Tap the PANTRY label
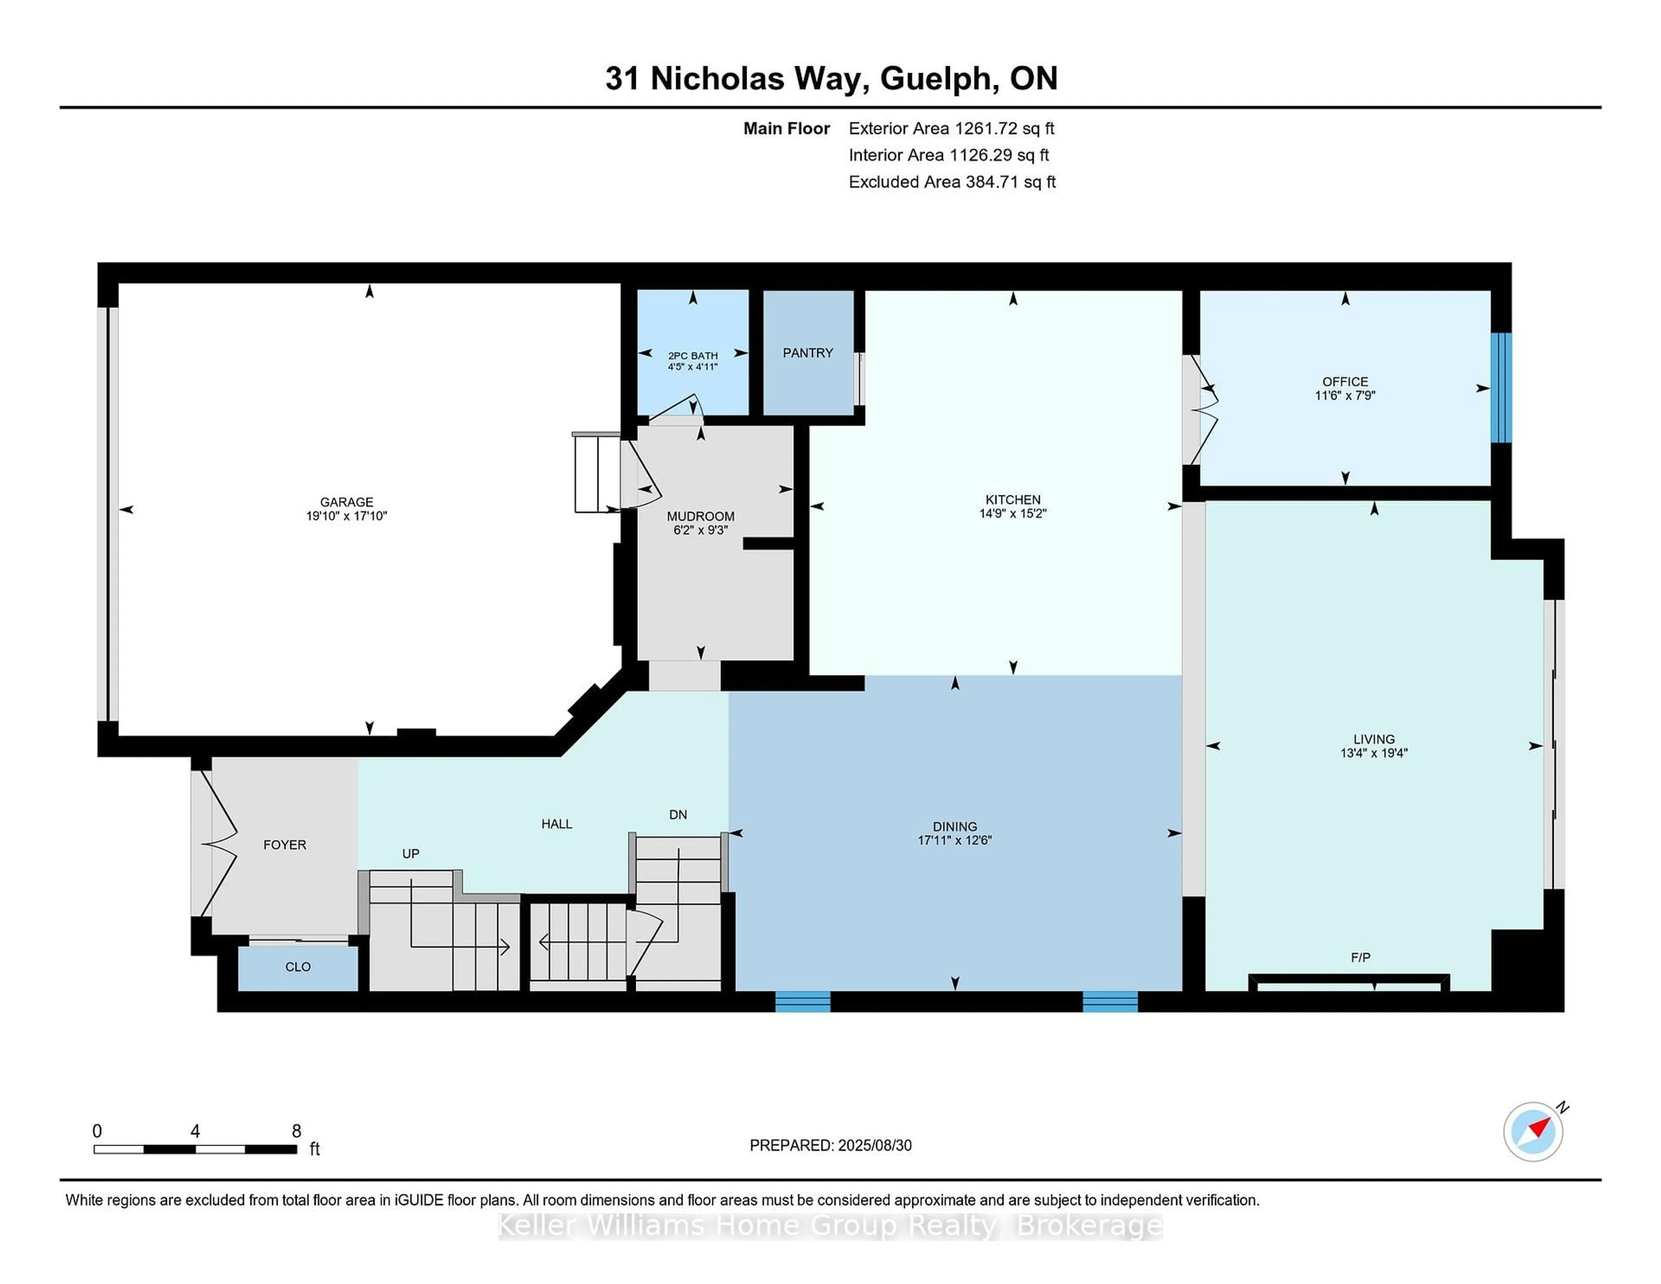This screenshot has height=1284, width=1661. coord(808,353)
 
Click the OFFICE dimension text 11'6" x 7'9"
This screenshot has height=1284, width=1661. coord(1345,395)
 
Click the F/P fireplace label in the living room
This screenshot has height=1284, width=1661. coord(1360,958)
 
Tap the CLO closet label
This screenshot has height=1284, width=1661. coord(297,967)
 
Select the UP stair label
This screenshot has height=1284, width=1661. coord(410,854)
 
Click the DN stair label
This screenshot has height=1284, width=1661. coord(678,815)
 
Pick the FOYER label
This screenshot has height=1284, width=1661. coord(285,845)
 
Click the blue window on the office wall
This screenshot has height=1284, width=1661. coord(1501,387)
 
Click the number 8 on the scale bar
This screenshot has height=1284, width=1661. coord(297,1131)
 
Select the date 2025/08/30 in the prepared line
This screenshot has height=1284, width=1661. coord(874,1146)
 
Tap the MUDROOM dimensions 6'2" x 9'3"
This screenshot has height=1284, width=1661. coord(700,530)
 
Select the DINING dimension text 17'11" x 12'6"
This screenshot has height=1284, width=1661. coord(955,841)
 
